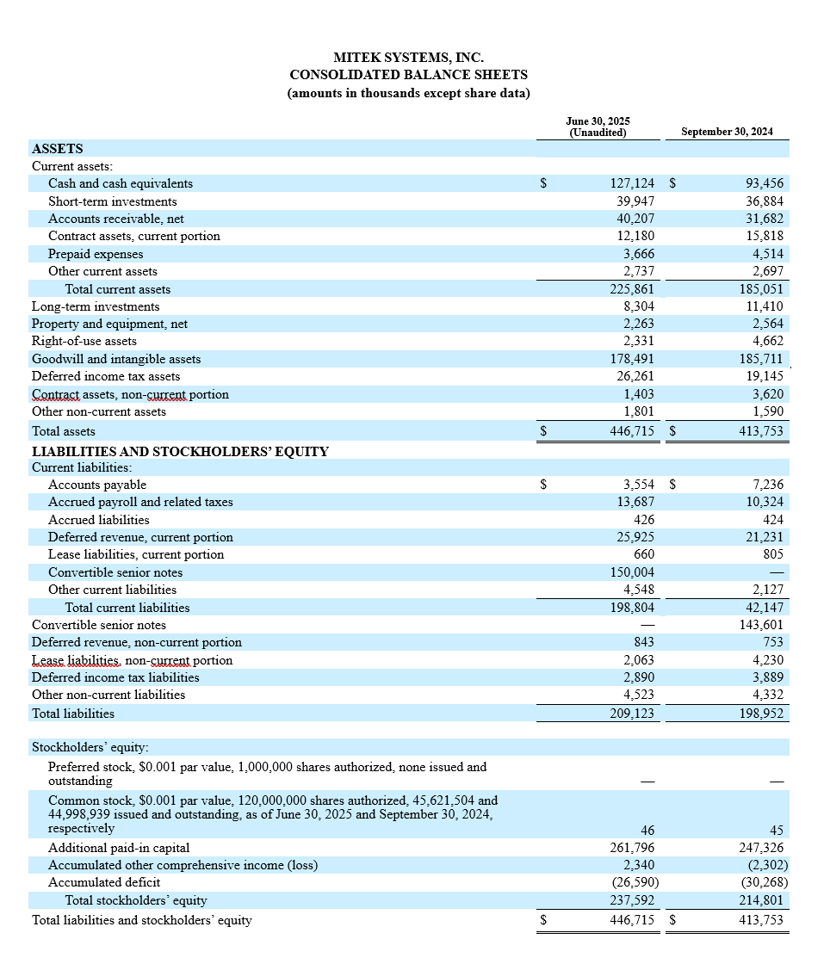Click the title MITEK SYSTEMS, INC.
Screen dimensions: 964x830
[x=409, y=58]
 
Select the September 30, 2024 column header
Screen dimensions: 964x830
[x=726, y=132]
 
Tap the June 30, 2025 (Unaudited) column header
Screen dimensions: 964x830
[x=598, y=127]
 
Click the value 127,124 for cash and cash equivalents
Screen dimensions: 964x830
[x=632, y=183]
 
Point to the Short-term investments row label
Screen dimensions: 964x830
[x=112, y=201]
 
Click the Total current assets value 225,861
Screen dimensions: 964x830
[x=632, y=289]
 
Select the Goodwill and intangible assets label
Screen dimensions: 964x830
[x=115, y=359]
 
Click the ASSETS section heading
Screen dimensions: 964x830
[x=57, y=148]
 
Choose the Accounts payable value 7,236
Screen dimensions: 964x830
[x=767, y=485]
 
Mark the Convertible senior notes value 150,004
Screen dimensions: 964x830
[x=632, y=572]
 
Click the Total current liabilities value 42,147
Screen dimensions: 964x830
[x=765, y=608]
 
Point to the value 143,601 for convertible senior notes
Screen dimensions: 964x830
[x=762, y=625]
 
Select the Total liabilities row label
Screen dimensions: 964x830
[x=72, y=713]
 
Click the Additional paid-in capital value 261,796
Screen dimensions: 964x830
[x=632, y=848]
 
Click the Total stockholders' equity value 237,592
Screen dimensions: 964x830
[x=632, y=900]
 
